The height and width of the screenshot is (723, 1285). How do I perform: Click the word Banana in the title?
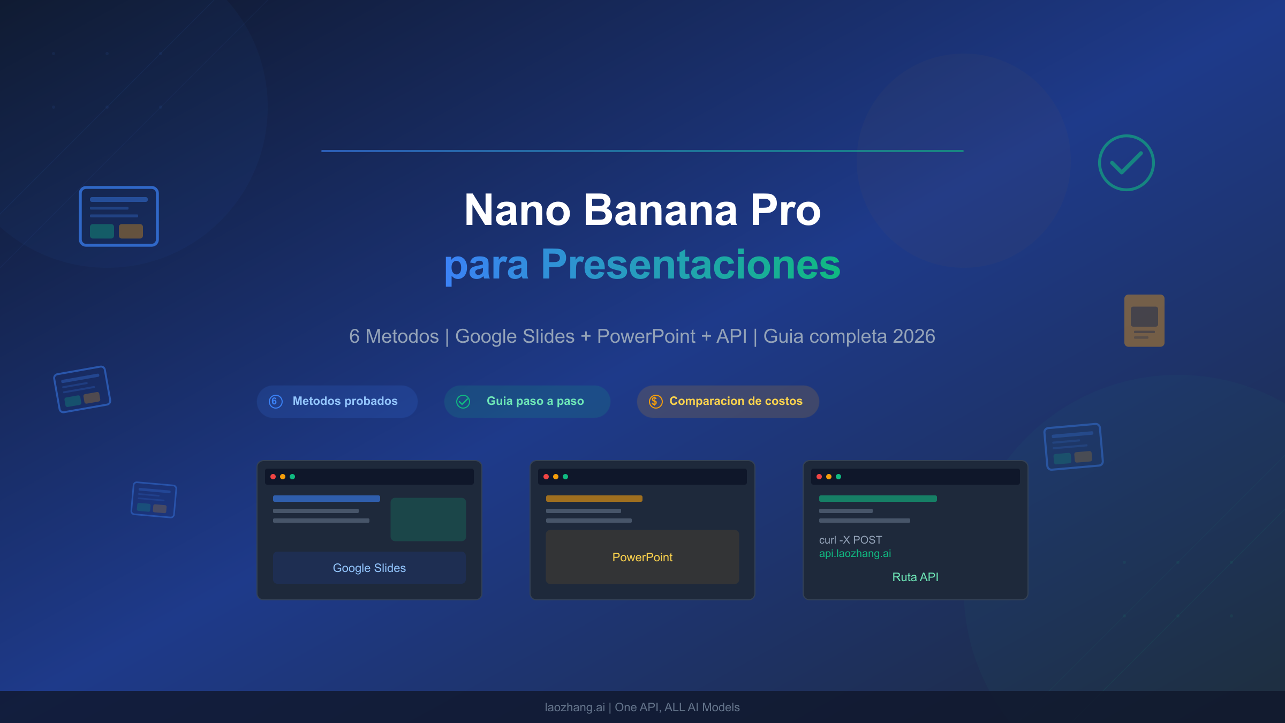pyautogui.click(x=660, y=210)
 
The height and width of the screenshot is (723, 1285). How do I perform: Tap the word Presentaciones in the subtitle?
pyautogui.click(x=690, y=265)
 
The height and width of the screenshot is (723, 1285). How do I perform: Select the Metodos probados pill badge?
pyautogui.click(x=337, y=401)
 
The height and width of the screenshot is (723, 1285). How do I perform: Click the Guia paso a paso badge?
pyautogui.click(x=527, y=401)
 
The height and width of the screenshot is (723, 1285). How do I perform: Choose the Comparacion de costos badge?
pyautogui.click(x=728, y=401)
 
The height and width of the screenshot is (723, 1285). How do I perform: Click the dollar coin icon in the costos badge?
pyautogui.click(x=655, y=401)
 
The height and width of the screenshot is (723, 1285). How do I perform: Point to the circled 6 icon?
pyautogui.click(x=275, y=401)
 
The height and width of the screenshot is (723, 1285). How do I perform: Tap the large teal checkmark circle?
pyautogui.click(x=1126, y=163)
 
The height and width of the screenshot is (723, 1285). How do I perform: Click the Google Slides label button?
pyautogui.click(x=369, y=568)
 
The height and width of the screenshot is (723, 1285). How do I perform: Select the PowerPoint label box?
pyautogui.click(x=642, y=557)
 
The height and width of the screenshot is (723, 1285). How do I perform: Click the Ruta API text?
pyautogui.click(x=915, y=577)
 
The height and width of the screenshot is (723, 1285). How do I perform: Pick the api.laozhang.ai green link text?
pyautogui.click(x=855, y=553)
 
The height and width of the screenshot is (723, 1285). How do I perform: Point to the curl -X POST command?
pyautogui.click(x=850, y=540)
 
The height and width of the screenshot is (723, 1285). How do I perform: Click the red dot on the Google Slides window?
pyautogui.click(x=273, y=477)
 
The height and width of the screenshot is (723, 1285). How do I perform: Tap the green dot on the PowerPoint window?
pyautogui.click(x=565, y=477)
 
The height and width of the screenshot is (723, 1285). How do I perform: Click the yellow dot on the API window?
pyautogui.click(x=829, y=477)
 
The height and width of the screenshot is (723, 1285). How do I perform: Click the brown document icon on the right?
pyautogui.click(x=1144, y=320)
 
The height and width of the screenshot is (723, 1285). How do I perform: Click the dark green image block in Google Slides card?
pyautogui.click(x=428, y=519)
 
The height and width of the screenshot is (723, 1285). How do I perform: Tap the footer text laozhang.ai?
pyautogui.click(x=575, y=707)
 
